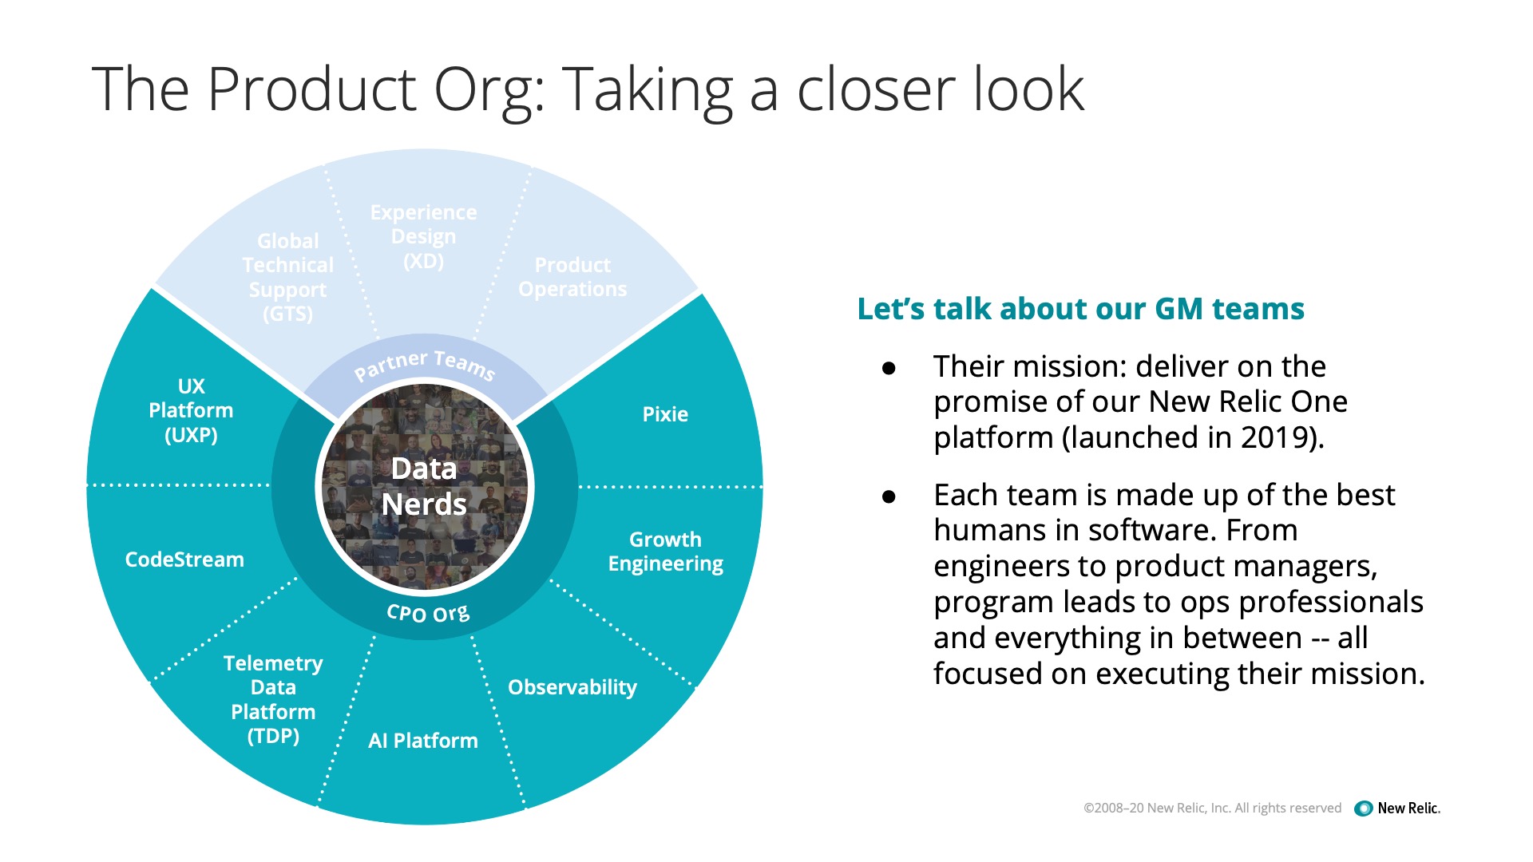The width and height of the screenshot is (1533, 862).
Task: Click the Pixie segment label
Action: [665, 414]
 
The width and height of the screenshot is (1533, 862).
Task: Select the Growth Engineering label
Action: [665, 552]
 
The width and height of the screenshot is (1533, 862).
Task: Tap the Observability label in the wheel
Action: [572, 687]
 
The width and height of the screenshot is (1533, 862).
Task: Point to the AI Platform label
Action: [423, 741]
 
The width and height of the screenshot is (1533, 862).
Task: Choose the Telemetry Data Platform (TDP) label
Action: [273, 699]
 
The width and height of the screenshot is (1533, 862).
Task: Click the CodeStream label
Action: [184, 560]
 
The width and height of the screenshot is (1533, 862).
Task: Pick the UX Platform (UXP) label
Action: [191, 410]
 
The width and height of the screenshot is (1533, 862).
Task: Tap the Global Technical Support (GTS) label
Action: [288, 277]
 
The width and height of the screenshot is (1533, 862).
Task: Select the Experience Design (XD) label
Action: [423, 236]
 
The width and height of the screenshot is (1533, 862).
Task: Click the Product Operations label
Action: [572, 277]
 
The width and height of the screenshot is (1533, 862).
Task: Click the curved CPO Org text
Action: [428, 613]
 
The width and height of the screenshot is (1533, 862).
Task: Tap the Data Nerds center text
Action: [424, 486]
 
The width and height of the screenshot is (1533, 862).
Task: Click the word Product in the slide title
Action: [312, 89]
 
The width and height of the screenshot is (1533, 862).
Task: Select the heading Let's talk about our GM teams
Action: [1080, 309]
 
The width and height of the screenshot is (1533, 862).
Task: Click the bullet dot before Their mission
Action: [889, 368]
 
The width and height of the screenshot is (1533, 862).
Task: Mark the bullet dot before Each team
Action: [889, 496]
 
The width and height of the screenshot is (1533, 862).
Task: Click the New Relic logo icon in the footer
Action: [1364, 809]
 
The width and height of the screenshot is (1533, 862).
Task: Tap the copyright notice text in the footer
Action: [1212, 808]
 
